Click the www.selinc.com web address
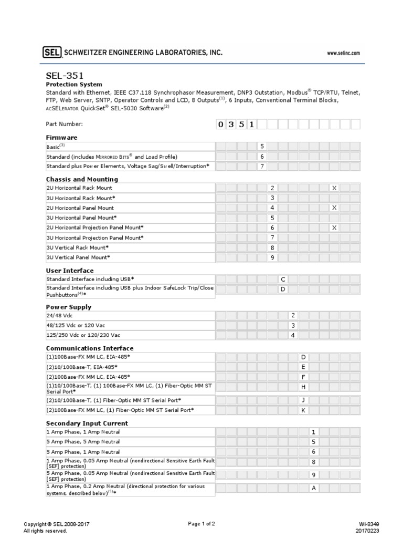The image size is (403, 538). point(343,53)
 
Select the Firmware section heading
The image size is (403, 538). point(62,137)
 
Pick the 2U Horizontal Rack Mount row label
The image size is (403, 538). point(79,188)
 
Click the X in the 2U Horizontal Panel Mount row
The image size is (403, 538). point(334,208)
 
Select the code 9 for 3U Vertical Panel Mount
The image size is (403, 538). point(272,257)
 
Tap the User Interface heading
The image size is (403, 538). point(70,271)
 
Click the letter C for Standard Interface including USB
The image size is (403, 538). point(283,279)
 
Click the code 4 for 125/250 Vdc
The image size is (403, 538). point(293,335)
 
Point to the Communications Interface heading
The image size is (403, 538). point(90,348)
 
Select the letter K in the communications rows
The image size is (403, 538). point(303,410)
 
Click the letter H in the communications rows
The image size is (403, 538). point(303,387)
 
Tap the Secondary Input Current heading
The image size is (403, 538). point(87,423)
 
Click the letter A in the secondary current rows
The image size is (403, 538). point(313,488)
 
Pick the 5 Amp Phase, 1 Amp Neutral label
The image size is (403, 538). point(83,452)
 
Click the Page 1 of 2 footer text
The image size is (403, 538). point(201,524)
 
